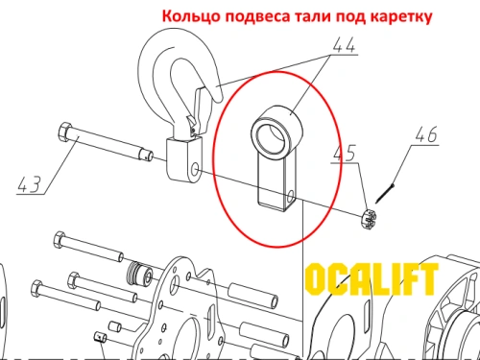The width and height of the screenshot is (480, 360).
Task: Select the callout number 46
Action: coord(424,135)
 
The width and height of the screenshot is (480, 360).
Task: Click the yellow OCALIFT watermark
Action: coord(371,281)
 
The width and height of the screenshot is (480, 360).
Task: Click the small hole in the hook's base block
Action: coord(195,170)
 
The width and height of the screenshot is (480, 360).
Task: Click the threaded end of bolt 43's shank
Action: coord(147,154)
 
